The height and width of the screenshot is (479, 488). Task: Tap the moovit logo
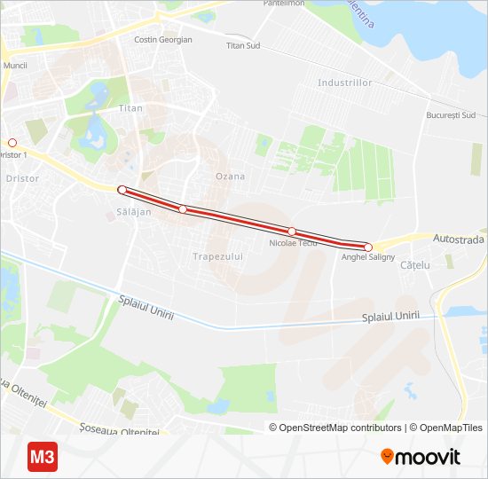(421, 457)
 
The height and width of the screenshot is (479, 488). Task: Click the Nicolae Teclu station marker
(291, 232)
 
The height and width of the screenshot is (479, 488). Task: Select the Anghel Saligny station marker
(367, 247)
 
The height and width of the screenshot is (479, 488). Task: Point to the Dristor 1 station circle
(12, 142)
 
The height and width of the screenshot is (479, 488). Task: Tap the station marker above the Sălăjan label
(122, 189)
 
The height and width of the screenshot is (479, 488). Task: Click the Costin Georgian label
(162, 40)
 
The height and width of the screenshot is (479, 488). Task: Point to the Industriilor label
(345, 82)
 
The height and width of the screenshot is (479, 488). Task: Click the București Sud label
(451, 115)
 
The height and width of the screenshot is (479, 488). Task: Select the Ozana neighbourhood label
(230, 176)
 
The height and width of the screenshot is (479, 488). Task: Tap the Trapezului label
(217, 255)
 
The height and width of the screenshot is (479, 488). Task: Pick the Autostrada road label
(459, 239)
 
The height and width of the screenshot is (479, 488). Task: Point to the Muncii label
(15, 66)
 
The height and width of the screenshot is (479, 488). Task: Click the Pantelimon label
(284, 4)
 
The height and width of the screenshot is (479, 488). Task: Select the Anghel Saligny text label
(368, 257)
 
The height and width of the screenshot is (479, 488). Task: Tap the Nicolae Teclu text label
(293, 242)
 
